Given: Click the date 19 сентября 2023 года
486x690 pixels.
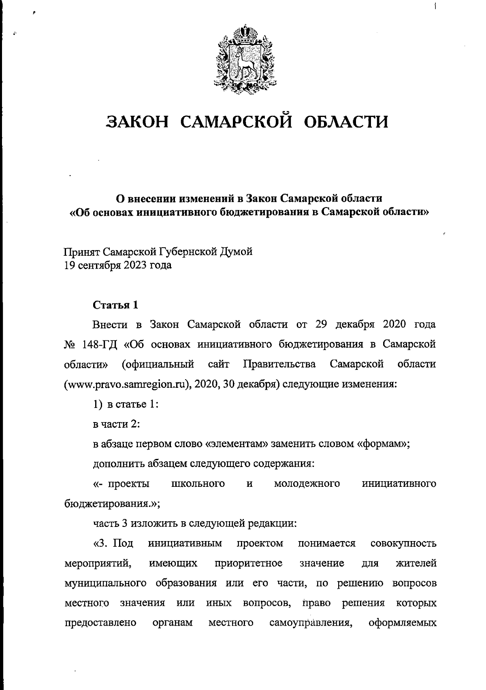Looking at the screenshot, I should tap(118, 265).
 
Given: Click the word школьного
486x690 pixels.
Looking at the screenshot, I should tap(198, 484).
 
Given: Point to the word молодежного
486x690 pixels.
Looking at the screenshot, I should tap(307, 484).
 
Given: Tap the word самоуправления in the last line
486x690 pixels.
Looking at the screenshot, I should tap(310, 622).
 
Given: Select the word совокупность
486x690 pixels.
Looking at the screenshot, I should tap(403, 543).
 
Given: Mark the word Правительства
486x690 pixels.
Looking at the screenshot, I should tap(279, 364).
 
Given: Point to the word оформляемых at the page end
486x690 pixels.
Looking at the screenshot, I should tap(403, 622).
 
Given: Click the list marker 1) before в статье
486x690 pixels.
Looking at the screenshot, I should tap(98, 404).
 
